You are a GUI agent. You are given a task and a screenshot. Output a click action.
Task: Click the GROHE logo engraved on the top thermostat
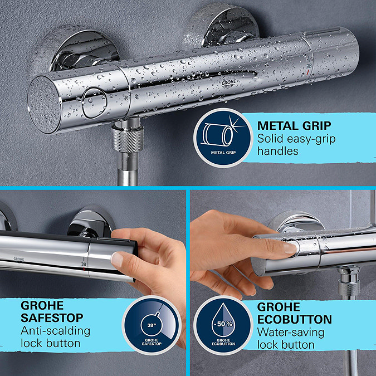pyautogui.click(x=228, y=83)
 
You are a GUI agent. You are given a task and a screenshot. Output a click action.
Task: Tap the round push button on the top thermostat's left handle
pyautogui.click(x=94, y=103)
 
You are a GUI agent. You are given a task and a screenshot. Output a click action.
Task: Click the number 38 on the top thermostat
pyautogui.click(x=309, y=66)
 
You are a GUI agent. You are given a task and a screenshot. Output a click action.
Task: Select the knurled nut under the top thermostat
pyautogui.click(x=128, y=140)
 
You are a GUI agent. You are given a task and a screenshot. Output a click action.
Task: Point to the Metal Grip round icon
pyautogui.click(x=223, y=138)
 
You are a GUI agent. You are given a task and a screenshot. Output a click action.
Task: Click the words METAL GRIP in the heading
pyautogui.click(x=294, y=126)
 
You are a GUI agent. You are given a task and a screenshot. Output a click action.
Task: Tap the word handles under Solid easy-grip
pyautogui.click(x=278, y=151)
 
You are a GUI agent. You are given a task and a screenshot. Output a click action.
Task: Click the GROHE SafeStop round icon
pyautogui.click(x=152, y=325)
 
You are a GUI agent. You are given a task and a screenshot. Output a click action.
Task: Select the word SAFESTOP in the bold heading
pyautogui.click(x=52, y=318)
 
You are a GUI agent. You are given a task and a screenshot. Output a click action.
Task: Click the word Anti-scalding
pyautogui.click(x=55, y=331)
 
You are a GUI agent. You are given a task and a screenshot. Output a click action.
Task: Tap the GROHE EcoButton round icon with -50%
pyautogui.click(x=223, y=325)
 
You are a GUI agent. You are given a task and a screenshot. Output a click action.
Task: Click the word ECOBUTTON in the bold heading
pyautogui.click(x=295, y=319)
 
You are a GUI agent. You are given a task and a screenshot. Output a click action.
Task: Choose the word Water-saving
pyautogui.click(x=291, y=333)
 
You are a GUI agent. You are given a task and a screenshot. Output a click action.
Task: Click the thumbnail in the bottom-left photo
pyautogui.click(x=118, y=260)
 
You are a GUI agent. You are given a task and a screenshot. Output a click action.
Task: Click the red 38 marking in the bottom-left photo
pyautogui.click(x=84, y=264)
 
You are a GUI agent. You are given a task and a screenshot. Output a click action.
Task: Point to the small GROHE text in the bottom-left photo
pyautogui.click(x=19, y=259)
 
